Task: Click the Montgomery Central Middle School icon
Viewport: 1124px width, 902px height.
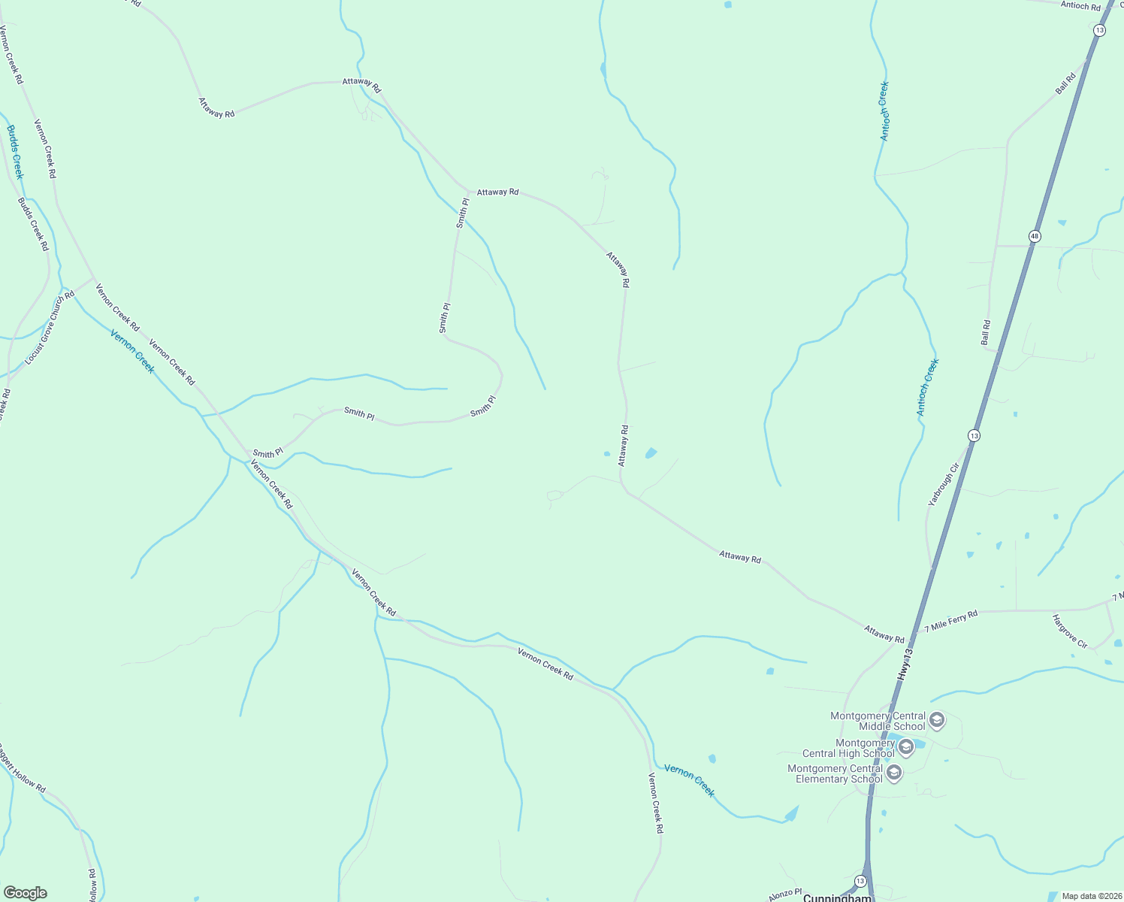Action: coord(937,721)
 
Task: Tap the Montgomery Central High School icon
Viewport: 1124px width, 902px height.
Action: coord(905,747)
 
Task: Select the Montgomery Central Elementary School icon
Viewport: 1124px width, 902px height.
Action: coord(894,773)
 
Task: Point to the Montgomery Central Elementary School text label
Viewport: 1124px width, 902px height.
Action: coord(835,773)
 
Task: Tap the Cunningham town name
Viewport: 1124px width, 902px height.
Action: coord(837,897)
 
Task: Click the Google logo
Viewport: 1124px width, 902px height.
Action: coord(25,892)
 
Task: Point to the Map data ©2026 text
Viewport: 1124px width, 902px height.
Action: coord(1090,896)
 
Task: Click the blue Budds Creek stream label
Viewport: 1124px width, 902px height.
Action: coord(15,152)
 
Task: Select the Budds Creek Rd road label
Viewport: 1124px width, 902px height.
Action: coord(33,224)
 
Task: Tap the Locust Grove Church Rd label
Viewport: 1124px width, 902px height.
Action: coord(50,328)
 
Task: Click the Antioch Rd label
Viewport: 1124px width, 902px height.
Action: coord(1080,5)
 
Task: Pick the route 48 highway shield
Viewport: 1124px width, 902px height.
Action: coord(1035,236)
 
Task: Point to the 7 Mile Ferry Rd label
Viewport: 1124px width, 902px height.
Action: coord(951,621)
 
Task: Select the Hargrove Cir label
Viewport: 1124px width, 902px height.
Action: coord(1070,631)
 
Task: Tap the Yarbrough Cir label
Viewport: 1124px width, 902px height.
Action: coord(944,485)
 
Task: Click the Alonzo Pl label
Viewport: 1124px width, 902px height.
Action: coord(785,894)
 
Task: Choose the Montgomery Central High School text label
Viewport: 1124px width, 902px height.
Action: coord(849,748)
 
